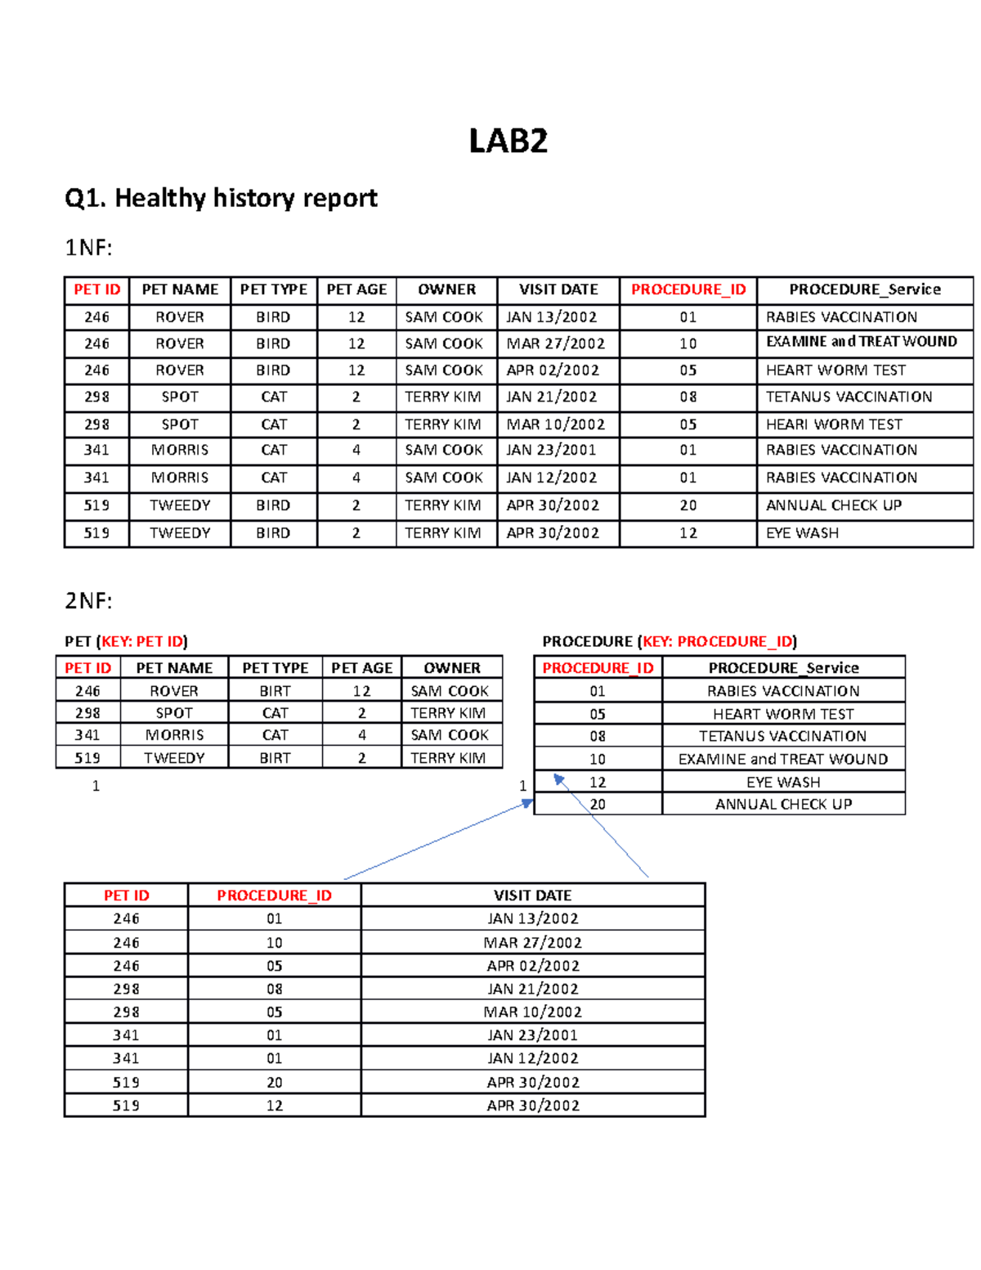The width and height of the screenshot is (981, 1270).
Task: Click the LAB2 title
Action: [508, 141]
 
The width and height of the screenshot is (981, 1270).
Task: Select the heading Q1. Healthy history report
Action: [221, 198]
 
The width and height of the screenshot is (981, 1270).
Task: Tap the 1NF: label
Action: [87, 248]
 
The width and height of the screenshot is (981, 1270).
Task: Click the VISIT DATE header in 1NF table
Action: [558, 289]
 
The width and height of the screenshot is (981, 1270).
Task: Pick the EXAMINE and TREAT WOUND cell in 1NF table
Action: [861, 342]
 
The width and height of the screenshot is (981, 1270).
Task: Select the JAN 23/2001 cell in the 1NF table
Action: [551, 450]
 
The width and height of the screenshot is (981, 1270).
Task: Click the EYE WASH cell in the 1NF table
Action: [802, 533]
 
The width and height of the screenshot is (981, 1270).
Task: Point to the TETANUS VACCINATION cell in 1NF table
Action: [849, 397]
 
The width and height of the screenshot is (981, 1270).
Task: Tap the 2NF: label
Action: [88, 601]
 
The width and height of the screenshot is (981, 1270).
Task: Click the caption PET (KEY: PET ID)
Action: [126, 641]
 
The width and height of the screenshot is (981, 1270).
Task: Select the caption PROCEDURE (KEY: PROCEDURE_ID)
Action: [670, 641]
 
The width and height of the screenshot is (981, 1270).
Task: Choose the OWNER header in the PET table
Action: [451, 668]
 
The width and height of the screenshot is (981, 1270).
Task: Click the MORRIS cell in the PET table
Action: [174, 735]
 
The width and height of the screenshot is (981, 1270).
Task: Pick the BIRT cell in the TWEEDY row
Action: [275, 758]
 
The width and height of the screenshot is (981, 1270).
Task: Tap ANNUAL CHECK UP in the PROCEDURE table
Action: [783, 805]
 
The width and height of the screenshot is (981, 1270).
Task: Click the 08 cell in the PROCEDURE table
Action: [598, 736]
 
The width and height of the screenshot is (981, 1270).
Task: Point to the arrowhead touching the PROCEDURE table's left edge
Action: [528, 804]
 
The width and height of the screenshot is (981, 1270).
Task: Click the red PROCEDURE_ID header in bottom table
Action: [274, 895]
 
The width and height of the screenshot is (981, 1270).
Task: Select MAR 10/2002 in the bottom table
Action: [532, 1012]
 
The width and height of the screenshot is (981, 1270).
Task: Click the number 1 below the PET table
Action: [96, 786]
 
